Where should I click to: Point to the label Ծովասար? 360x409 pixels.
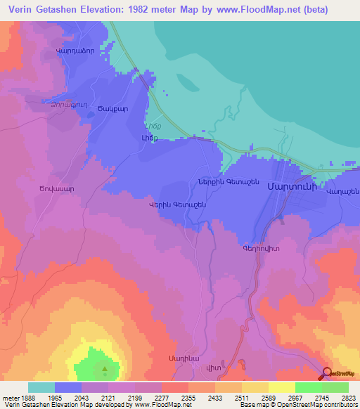click(56, 189)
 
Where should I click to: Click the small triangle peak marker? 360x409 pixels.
click(105, 368)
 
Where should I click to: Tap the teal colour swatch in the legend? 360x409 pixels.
click(41, 387)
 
